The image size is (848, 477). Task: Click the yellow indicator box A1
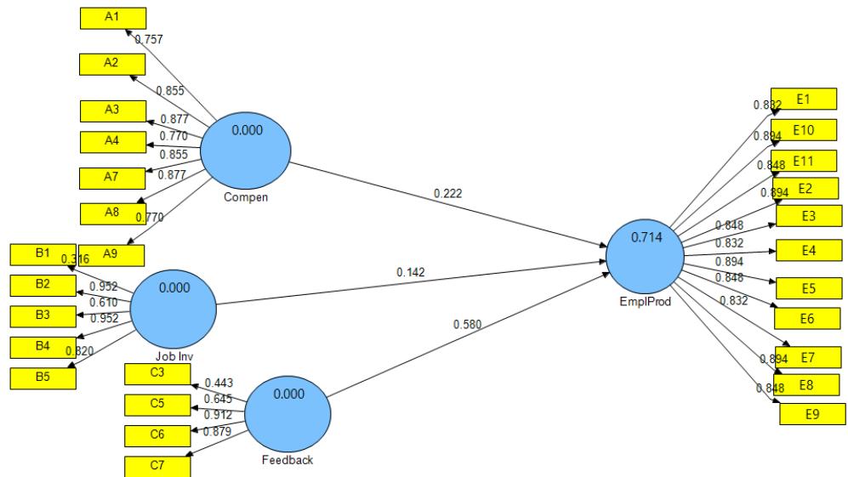112,18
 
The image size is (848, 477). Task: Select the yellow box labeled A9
112,253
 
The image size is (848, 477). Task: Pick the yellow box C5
157,404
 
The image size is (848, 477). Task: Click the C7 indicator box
157,466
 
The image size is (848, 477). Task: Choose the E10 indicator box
804,131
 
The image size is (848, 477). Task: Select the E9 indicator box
812,415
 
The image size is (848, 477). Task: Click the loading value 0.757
149,39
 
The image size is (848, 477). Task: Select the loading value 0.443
219,383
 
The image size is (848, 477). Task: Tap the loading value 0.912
219,414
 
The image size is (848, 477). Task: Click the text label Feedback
288,461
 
